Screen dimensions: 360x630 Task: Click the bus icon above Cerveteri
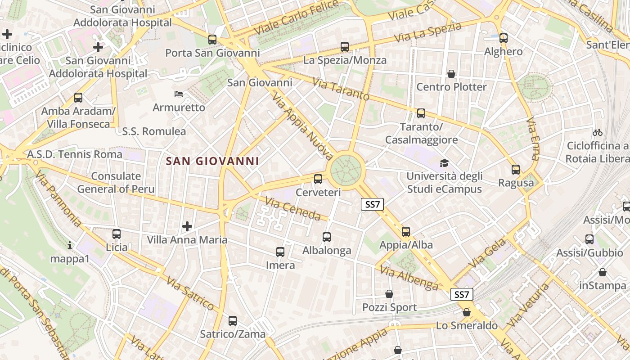click(318, 179)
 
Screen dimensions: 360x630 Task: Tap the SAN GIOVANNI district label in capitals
click(212, 161)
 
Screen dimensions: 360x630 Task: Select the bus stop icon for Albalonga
click(327, 237)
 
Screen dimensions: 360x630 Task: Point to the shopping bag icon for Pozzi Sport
click(389, 294)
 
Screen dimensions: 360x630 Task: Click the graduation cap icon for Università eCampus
click(444, 163)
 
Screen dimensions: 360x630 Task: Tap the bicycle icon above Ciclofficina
click(598, 132)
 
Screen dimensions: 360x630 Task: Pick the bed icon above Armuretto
click(179, 94)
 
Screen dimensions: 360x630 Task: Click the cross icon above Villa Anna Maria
click(187, 226)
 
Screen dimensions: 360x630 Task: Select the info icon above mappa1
click(70, 245)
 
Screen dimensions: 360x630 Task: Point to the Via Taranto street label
click(341, 90)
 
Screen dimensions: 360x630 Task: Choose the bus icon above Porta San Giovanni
click(212, 40)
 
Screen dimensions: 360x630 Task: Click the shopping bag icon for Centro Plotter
click(451, 73)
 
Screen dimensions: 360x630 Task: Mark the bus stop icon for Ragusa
click(516, 170)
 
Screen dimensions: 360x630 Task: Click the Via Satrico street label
click(190, 294)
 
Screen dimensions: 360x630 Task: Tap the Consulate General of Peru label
click(116, 182)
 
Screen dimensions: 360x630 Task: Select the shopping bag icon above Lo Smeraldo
click(467, 312)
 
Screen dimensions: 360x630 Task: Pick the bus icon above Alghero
click(504, 38)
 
